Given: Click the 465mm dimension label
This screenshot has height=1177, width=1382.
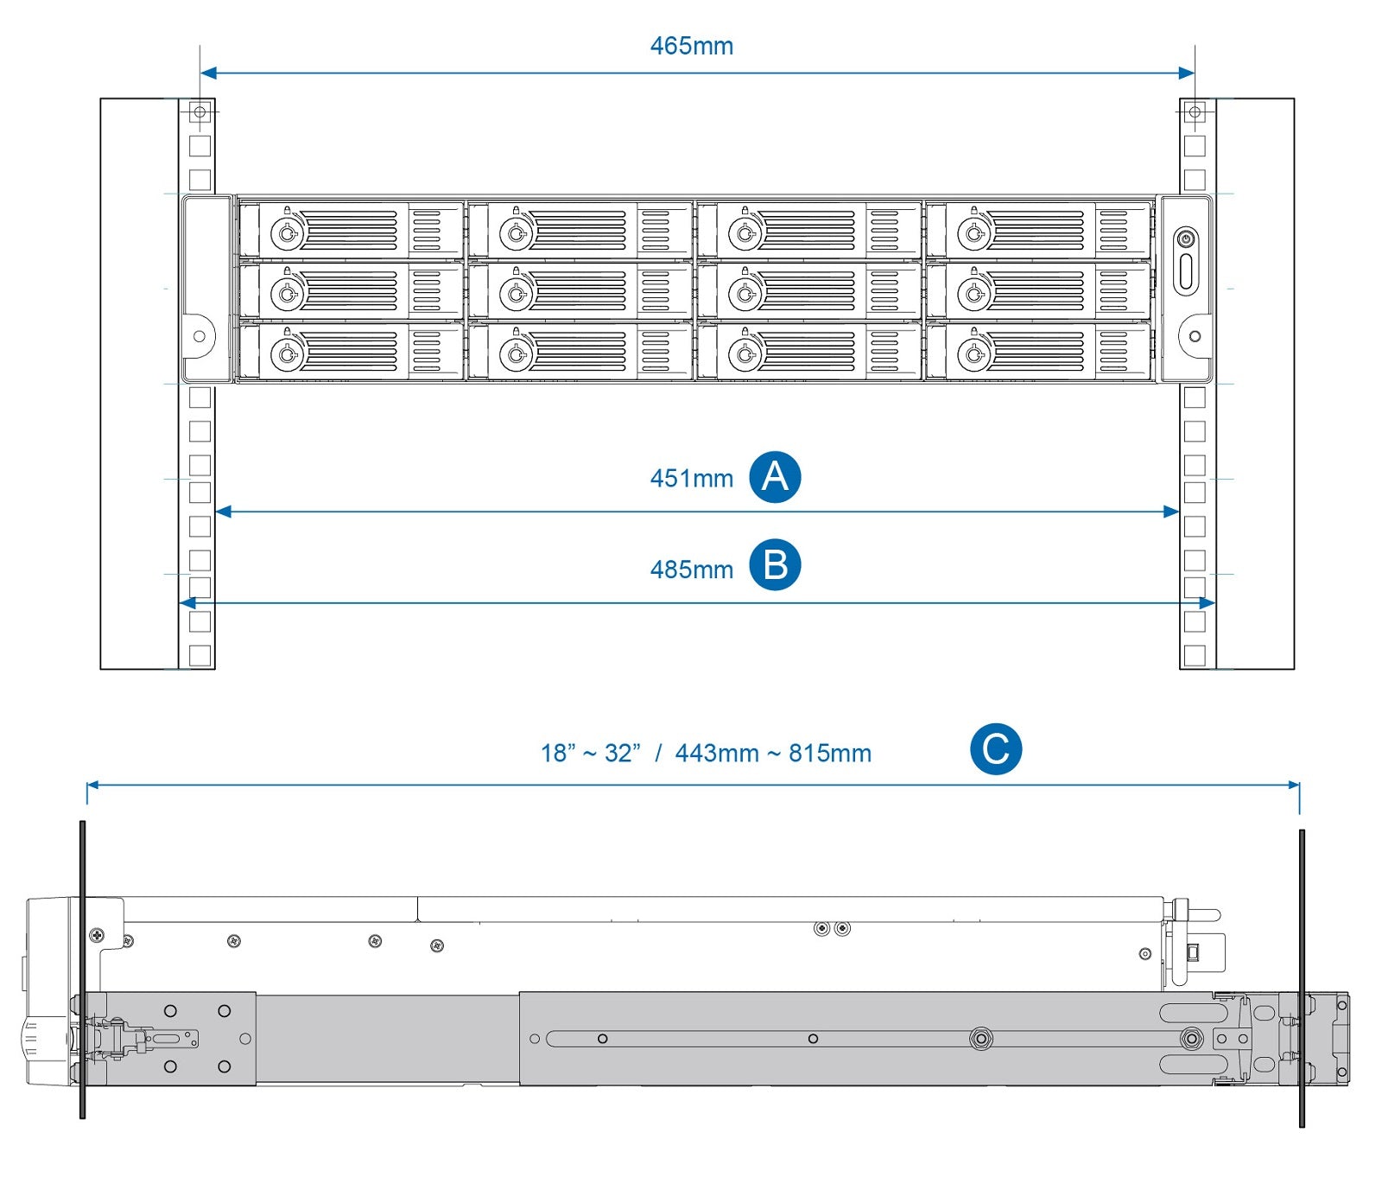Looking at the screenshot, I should coord(691,46).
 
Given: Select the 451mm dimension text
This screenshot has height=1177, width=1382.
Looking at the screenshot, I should coord(691,479).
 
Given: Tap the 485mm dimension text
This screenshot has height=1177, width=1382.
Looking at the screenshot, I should coord(691,570).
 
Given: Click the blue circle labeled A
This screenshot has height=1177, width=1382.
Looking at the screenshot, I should coord(775,477).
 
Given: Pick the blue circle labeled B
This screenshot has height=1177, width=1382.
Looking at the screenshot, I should coord(775,565).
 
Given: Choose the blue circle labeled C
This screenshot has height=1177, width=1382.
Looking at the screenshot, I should coord(995,749).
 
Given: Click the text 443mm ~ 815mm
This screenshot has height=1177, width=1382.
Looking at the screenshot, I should coord(773,754).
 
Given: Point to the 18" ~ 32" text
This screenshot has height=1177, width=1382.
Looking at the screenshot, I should coord(591,754).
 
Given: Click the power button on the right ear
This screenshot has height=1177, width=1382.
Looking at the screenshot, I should coord(1186,239).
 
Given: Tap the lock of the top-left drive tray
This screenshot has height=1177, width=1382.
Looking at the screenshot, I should coord(287,232).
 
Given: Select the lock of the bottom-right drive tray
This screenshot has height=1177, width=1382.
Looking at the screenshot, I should coord(973,354).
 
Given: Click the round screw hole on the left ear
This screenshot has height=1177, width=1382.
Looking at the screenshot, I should coord(200,336).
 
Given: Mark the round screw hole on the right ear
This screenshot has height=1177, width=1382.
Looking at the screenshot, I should coord(1195,336).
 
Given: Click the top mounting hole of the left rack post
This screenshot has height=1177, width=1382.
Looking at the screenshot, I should coord(200,112).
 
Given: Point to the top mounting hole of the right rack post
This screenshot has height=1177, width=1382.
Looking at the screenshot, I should coord(1195,112).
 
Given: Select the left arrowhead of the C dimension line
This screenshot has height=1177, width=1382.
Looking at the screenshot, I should coord(92,786).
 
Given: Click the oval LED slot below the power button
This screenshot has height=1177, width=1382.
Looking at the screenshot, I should coord(1186,271).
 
